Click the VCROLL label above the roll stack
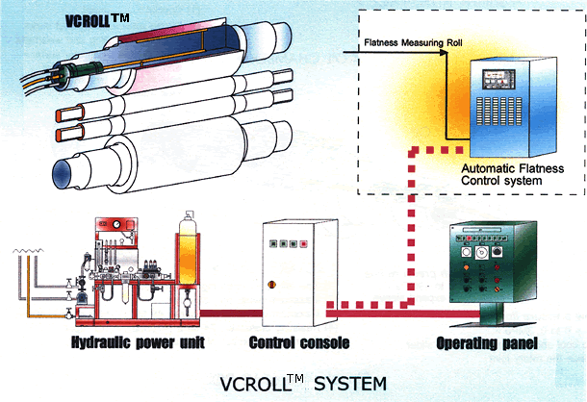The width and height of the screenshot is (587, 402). [97, 21]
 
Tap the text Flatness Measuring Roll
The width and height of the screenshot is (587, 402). [413, 42]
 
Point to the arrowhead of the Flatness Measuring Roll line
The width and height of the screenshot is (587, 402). [444, 52]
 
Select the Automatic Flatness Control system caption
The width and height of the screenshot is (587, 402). [513, 174]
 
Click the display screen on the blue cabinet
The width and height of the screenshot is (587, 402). [498, 80]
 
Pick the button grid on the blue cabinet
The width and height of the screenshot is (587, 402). [499, 111]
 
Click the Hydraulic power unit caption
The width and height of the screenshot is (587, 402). [138, 342]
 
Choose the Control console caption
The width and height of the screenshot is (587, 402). [299, 343]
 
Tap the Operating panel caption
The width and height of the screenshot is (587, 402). [487, 343]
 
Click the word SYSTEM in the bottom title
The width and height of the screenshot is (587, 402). [350, 384]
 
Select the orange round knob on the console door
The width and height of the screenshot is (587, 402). [272, 285]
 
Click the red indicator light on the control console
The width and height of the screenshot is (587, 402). [304, 244]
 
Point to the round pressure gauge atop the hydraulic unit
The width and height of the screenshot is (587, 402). [116, 224]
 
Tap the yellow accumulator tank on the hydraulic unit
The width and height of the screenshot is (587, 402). [188, 255]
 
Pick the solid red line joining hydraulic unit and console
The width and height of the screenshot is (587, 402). [231, 314]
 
